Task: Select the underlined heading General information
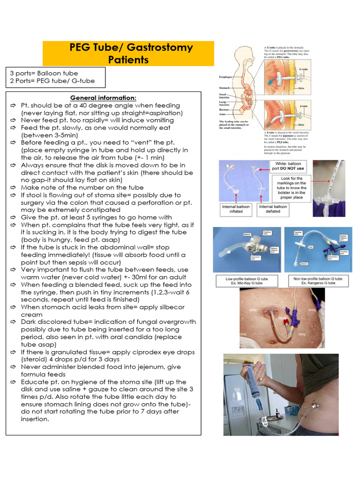(x=103, y=97)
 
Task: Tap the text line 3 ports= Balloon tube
(x=44, y=73)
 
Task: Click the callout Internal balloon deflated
(x=273, y=209)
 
